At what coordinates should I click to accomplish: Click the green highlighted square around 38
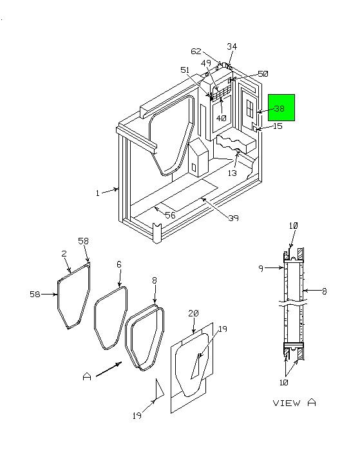281,108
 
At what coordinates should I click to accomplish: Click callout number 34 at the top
232,46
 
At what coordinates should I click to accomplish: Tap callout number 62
196,52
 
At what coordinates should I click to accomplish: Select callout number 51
185,70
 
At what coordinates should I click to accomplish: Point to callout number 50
263,73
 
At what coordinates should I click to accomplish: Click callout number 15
278,126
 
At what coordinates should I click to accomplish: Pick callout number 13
232,173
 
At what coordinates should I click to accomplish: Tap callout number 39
233,218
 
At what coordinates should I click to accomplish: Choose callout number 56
170,215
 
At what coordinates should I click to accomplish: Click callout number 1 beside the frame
98,193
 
